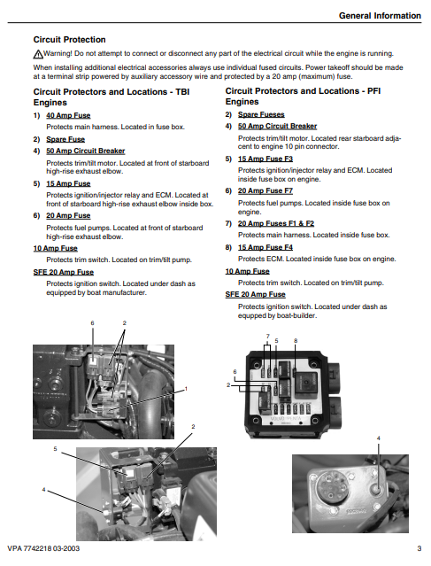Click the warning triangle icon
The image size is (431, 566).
point(38,54)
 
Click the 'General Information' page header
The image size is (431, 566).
point(380,16)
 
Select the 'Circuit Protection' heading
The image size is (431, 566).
point(70,40)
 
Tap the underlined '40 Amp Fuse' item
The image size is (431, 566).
point(68,115)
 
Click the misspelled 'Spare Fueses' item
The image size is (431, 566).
point(261,114)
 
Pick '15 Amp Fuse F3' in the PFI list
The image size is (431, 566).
point(266,159)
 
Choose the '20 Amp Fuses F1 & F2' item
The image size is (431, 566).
point(276,223)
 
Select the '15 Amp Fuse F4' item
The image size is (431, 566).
point(266,247)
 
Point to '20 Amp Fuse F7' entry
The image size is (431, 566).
point(266,190)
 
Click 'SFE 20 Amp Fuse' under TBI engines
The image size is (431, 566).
point(64,272)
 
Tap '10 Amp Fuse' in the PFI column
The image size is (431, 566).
point(248,271)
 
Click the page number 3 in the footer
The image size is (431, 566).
point(419,548)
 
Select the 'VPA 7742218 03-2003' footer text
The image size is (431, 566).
point(43,548)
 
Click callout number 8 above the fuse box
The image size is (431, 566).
point(296,341)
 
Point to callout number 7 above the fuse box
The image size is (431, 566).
point(267,336)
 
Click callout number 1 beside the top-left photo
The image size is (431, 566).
point(186,389)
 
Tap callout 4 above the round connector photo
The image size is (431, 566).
point(379,438)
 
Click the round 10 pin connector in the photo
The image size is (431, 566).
point(329,488)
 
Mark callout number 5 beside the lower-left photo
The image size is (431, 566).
point(55,449)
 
